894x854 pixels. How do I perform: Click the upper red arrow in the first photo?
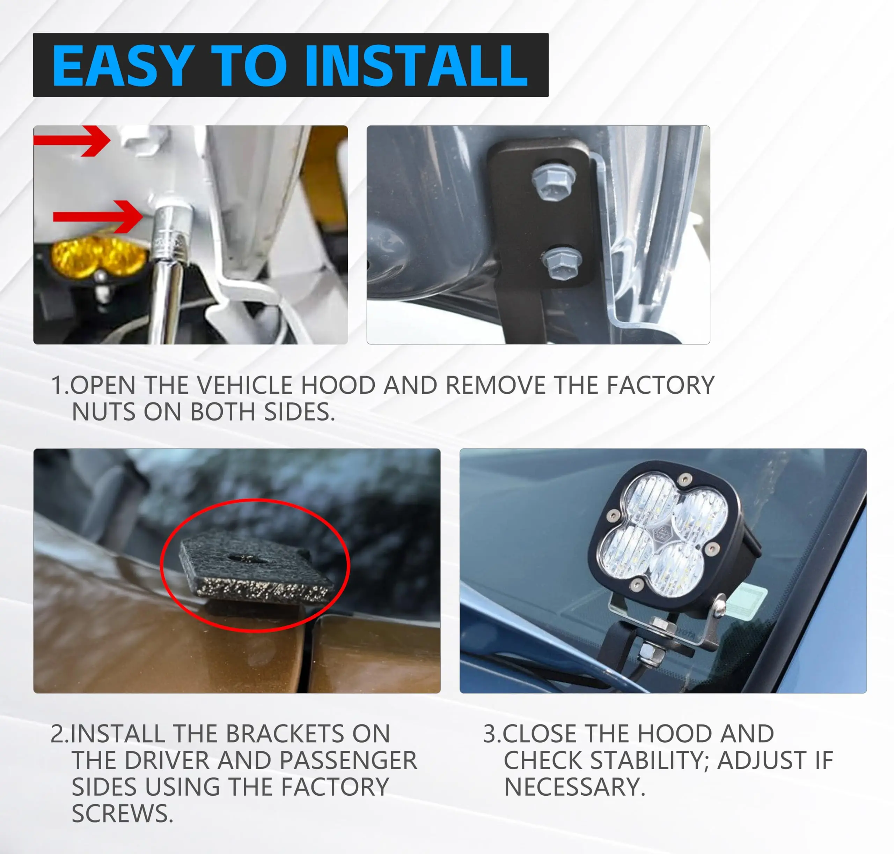click(x=72, y=140)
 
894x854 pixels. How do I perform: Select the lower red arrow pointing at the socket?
click(x=98, y=216)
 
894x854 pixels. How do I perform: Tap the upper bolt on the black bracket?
click(x=552, y=180)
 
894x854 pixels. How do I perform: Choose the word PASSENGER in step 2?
click(x=348, y=760)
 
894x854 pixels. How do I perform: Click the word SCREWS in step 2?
click(x=122, y=813)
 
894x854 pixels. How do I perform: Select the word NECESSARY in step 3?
click(x=574, y=786)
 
